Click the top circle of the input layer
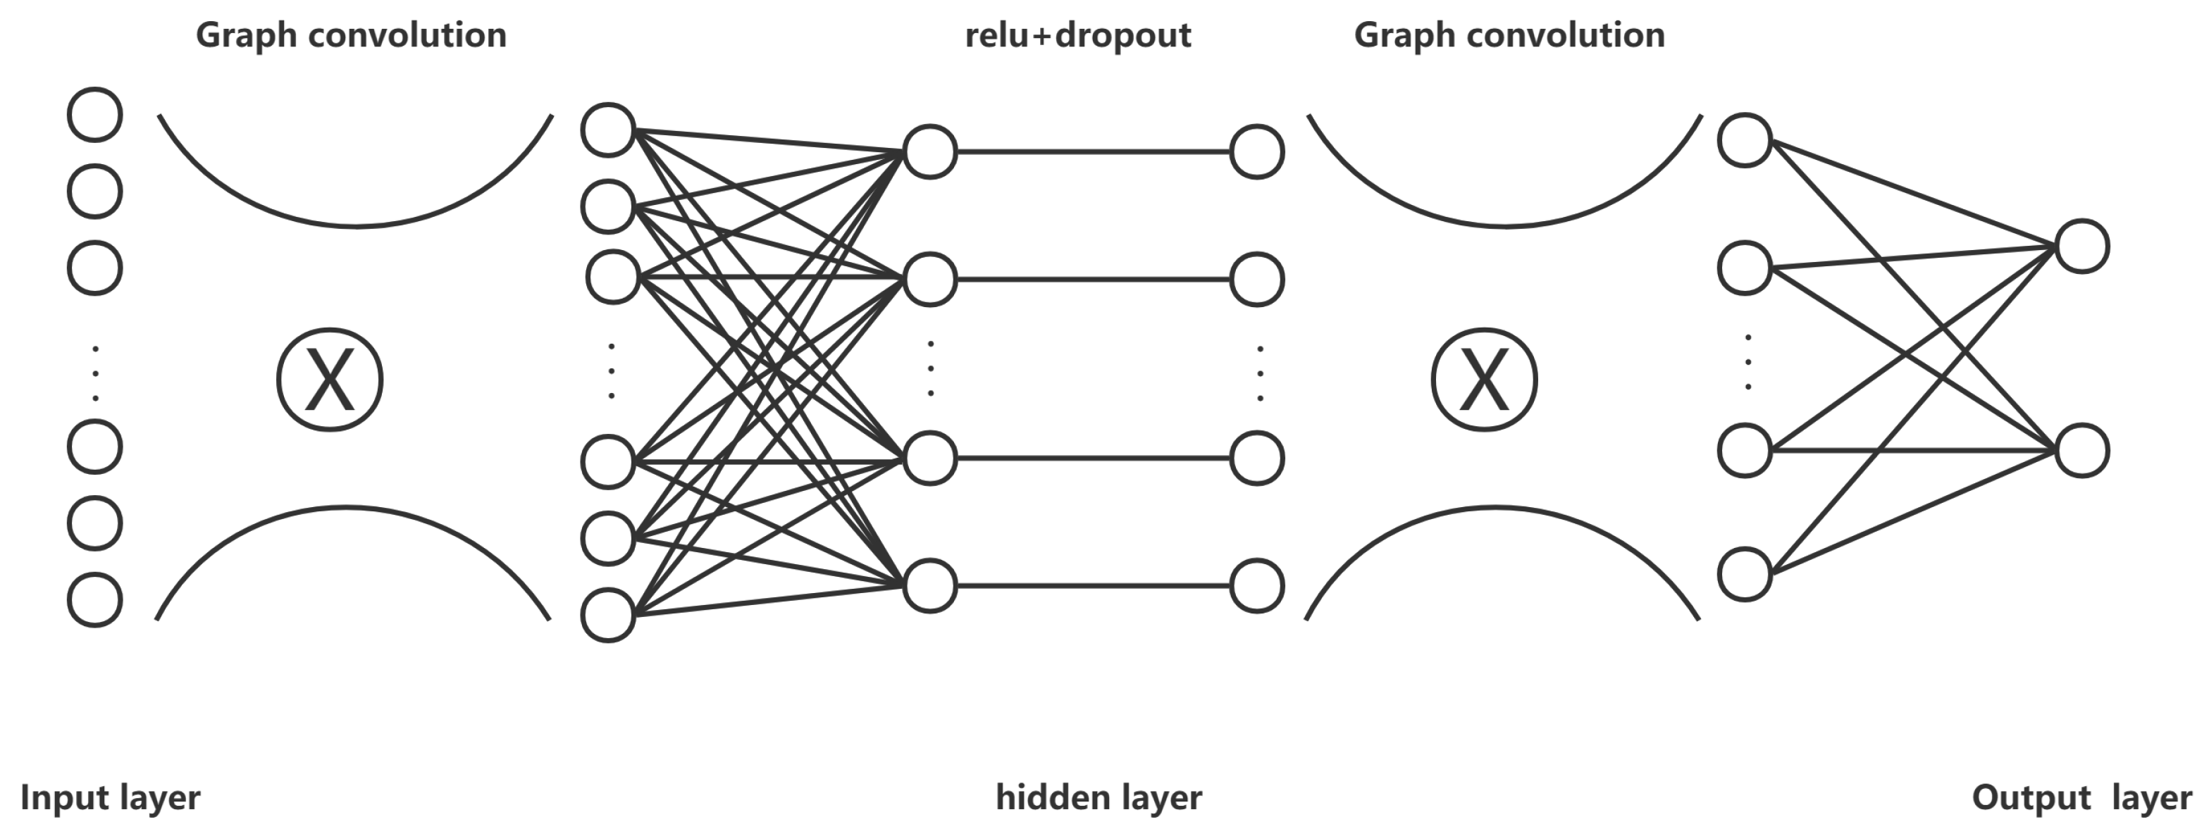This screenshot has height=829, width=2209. [94, 114]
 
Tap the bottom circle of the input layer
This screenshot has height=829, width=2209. [94, 599]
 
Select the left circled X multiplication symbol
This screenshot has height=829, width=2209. [329, 380]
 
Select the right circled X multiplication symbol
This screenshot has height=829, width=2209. [1483, 380]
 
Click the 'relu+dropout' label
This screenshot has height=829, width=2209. [1077, 36]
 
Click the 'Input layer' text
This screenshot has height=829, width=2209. [110, 797]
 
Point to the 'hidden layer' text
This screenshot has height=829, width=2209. [1099, 797]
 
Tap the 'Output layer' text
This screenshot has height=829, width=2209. [2082, 797]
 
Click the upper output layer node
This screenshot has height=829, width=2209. [2082, 247]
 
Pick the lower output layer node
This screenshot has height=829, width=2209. [2082, 451]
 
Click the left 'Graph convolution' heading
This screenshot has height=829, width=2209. [351, 36]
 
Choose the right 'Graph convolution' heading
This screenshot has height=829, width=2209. [1509, 36]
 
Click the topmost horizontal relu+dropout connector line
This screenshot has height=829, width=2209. [1094, 151]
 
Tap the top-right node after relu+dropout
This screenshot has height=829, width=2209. [1256, 151]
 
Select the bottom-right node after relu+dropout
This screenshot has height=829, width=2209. [1256, 587]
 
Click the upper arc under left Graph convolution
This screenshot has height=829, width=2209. [355, 226]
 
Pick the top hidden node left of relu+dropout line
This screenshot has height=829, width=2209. [929, 151]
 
